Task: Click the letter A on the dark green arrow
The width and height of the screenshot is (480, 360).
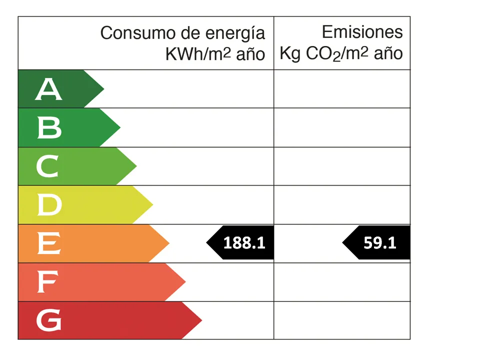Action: pyautogui.click(x=49, y=89)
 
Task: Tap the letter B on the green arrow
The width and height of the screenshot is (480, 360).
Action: pyautogui.click(x=49, y=128)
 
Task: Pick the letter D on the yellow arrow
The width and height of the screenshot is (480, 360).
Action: pyautogui.click(x=49, y=205)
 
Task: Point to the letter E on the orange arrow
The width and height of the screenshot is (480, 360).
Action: pyautogui.click(x=49, y=243)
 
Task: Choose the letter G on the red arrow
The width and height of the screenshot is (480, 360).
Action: pyautogui.click(x=49, y=320)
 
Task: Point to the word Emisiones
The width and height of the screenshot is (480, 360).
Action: pyautogui.click(x=362, y=32)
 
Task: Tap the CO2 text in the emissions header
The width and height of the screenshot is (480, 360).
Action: pyautogui.click(x=323, y=54)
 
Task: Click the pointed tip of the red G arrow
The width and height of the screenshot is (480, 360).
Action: pyautogui.click(x=201, y=320)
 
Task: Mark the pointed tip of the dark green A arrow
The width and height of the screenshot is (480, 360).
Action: pyautogui.click(x=103, y=89)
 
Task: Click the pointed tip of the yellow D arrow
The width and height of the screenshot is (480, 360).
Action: pyautogui.click(x=152, y=205)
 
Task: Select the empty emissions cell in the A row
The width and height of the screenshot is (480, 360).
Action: pyautogui.click(x=342, y=89)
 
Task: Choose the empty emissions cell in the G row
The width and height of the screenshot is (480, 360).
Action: pyautogui.click(x=342, y=320)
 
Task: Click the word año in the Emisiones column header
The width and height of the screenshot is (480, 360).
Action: pyautogui.click(x=388, y=53)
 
